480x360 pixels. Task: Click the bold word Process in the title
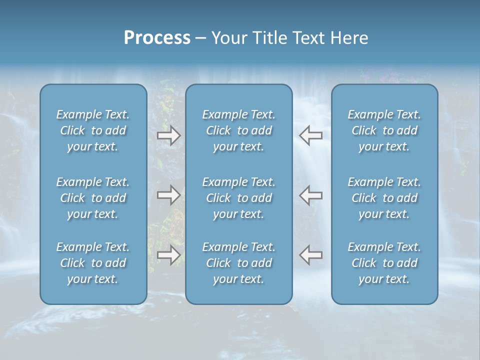click(157, 38)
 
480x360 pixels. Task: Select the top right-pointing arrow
click(168, 135)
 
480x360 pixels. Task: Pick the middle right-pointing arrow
click(168, 195)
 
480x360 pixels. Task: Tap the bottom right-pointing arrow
click(168, 255)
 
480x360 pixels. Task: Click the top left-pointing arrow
click(310, 135)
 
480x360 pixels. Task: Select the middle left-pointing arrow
click(310, 195)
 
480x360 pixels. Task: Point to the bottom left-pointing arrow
click(310, 255)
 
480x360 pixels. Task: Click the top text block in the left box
click(93, 130)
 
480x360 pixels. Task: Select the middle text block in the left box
click(93, 198)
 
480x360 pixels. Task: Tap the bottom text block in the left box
click(93, 263)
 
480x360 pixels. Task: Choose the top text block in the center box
click(239, 130)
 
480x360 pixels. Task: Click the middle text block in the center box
click(239, 198)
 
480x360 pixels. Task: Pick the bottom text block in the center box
click(239, 263)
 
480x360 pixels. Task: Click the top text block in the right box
click(384, 130)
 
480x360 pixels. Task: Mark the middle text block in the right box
click(384, 198)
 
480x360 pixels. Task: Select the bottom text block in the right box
click(384, 263)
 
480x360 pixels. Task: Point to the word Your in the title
click(227, 38)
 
